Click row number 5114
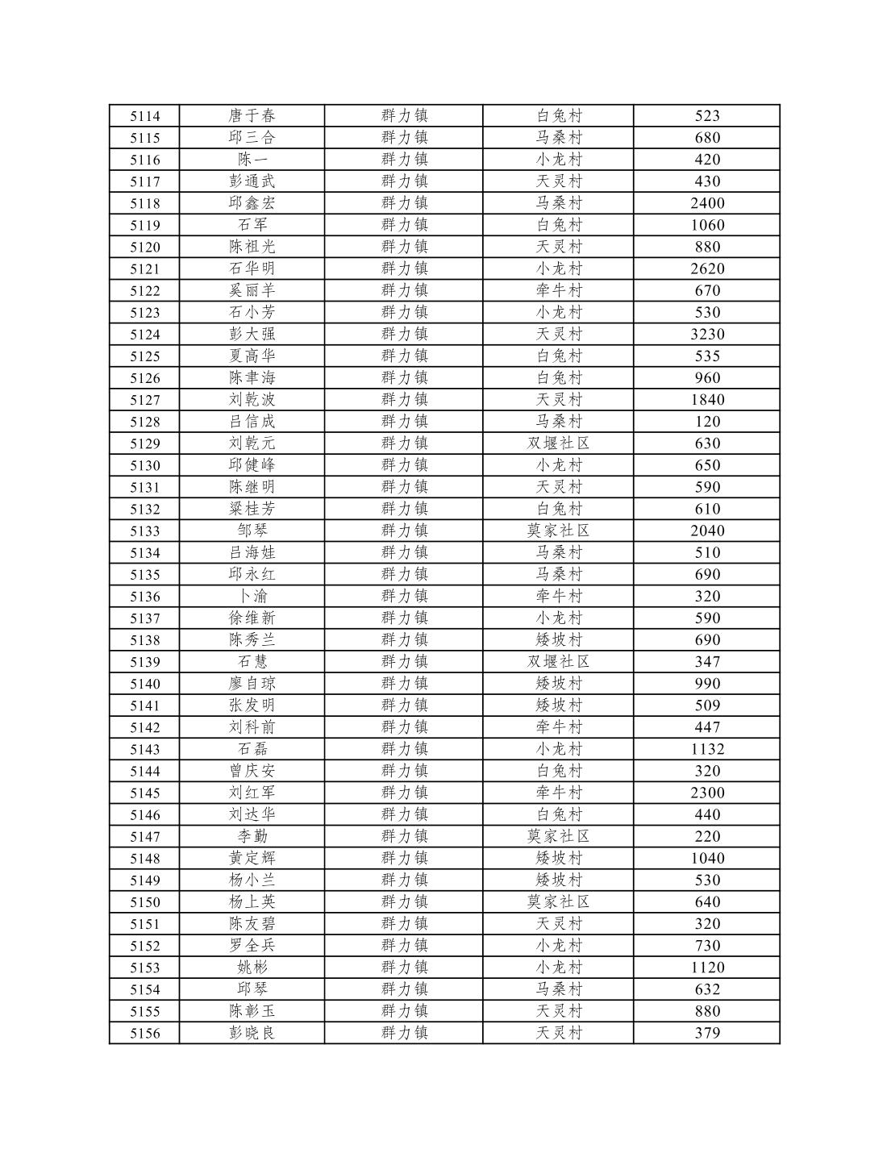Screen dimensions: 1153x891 [145, 116]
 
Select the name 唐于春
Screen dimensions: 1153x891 [252, 115]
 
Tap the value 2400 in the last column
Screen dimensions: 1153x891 [707, 203]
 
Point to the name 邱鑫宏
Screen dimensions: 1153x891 [252, 203]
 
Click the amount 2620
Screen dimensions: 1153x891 [707, 268]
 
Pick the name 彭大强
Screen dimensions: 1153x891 [252, 334]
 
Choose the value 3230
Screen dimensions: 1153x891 [707, 334]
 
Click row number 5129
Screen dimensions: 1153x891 [145, 443]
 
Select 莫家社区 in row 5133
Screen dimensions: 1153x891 [558, 531]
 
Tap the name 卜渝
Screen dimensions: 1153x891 [252, 596]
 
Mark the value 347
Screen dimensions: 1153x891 [707, 662]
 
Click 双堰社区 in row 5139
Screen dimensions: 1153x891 [558, 662]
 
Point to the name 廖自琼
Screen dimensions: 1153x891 [252, 684]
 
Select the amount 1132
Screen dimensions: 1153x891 [707, 749]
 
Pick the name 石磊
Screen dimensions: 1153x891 [252, 749]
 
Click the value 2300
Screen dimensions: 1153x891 [707, 793]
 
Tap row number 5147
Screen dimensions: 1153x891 [145, 837]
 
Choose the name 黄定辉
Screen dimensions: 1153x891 [252, 858]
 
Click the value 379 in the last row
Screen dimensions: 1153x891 [707, 1033]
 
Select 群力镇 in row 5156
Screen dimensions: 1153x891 [404, 1033]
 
